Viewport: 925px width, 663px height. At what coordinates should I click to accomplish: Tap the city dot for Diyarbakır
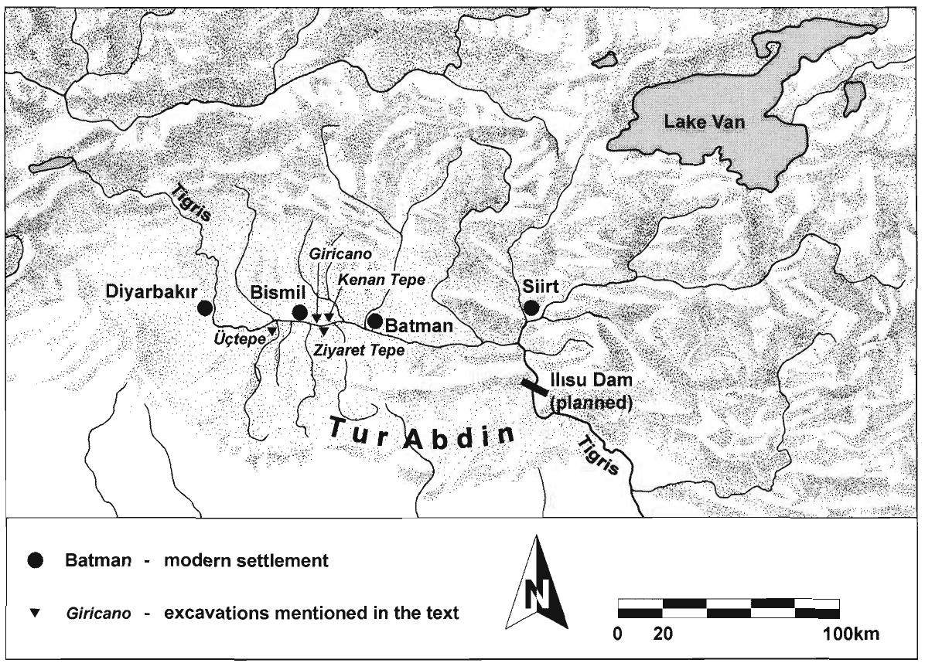click(204, 308)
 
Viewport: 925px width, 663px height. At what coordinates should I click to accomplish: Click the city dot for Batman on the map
click(375, 320)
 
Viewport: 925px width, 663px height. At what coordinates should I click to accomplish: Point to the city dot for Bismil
click(299, 313)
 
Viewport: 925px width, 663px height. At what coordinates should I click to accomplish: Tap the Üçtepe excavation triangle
click(271, 331)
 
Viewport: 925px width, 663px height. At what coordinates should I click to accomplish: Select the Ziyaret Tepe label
click(359, 349)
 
